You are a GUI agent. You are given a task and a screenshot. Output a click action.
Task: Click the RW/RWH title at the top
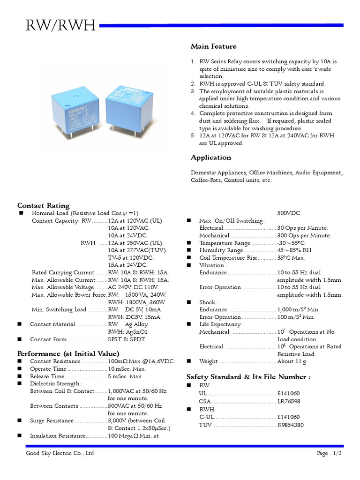[x=61, y=27]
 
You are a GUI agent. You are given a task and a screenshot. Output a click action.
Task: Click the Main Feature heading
[x=213, y=46]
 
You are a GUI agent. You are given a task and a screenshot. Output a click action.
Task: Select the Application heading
[x=210, y=157]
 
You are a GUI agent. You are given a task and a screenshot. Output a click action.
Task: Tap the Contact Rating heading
[x=43, y=205]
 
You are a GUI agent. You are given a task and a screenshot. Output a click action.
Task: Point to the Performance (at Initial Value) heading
[x=68, y=353]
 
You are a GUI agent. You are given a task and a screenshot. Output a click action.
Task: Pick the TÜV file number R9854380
[x=290, y=425]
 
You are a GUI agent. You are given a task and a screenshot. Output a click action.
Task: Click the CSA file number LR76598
[x=289, y=402]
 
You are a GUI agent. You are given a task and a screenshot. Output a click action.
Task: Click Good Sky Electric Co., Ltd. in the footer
[x=60, y=454]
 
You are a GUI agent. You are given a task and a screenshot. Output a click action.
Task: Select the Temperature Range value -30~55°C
[x=291, y=243]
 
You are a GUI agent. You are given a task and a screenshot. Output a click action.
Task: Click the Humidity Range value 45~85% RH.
[x=294, y=250]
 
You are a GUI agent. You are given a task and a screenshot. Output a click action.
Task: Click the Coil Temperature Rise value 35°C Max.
[x=291, y=258]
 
